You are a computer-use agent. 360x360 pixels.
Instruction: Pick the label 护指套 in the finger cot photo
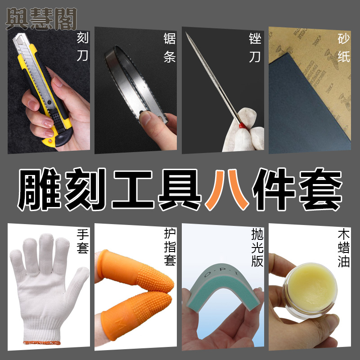point(170,247)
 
